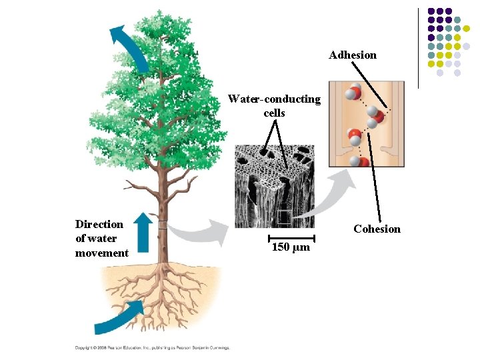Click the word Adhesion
click(352, 55)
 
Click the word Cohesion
click(377, 229)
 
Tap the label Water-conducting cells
click(274, 106)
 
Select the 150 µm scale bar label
click(291, 248)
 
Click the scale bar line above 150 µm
click(291, 237)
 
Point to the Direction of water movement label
click(101, 238)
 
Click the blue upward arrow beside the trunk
click(143, 231)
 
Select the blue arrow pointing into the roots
click(120, 316)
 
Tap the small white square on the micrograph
click(284, 216)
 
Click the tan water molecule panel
click(366, 124)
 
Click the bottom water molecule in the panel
click(361, 162)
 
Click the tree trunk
click(161, 220)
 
